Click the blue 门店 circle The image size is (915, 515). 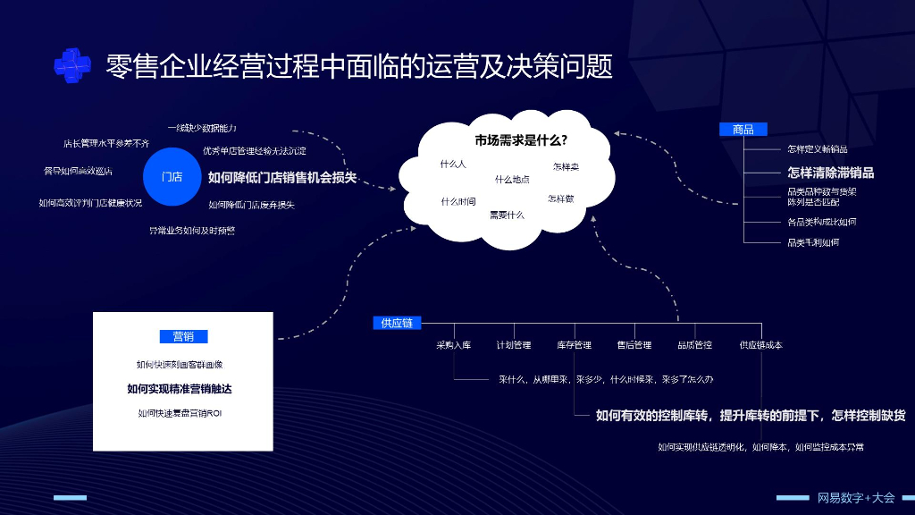point(172,176)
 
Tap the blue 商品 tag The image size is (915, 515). point(743,130)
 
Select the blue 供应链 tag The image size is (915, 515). point(397,323)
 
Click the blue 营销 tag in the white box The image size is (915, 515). point(183,337)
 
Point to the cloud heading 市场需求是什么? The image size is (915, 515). point(521,140)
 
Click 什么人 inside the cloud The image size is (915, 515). point(453,165)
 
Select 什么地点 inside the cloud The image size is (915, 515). point(512,179)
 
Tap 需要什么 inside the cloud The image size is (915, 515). point(507,215)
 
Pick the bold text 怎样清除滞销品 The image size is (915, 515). point(830,173)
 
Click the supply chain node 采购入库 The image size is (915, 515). point(453,344)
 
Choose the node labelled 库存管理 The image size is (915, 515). point(574,344)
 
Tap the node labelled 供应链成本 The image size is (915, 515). point(760,344)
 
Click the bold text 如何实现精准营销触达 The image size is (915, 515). point(185,389)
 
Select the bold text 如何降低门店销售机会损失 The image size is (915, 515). point(282,177)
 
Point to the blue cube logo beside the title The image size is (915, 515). point(72,63)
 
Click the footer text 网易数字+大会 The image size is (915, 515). point(855,497)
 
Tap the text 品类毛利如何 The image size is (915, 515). point(812,242)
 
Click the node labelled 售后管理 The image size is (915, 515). point(634,344)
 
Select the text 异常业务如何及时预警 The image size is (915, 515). point(192,231)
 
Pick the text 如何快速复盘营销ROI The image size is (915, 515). point(180,413)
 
